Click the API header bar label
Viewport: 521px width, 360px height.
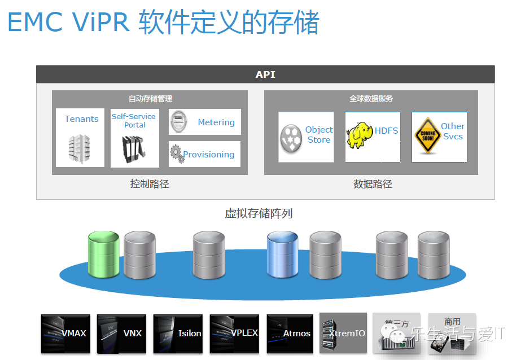(265, 74)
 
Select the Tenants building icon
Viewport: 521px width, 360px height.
(80, 148)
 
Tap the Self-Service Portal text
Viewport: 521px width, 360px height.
(134, 120)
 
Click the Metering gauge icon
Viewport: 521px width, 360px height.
(179, 122)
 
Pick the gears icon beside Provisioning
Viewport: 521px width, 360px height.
(177, 154)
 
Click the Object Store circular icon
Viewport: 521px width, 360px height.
(291, 138)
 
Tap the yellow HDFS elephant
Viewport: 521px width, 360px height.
(360, 135)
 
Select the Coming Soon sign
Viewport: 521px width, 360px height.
(426, 136)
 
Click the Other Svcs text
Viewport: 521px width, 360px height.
(453, 131)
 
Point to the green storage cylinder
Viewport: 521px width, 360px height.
(104, 254)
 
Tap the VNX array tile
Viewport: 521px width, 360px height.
(121, 333)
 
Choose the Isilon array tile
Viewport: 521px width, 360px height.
(178, 333)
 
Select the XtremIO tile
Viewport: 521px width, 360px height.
(343, 333)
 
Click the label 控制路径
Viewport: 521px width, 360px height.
(150, 184)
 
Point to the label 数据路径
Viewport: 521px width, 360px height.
(373, 184)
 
